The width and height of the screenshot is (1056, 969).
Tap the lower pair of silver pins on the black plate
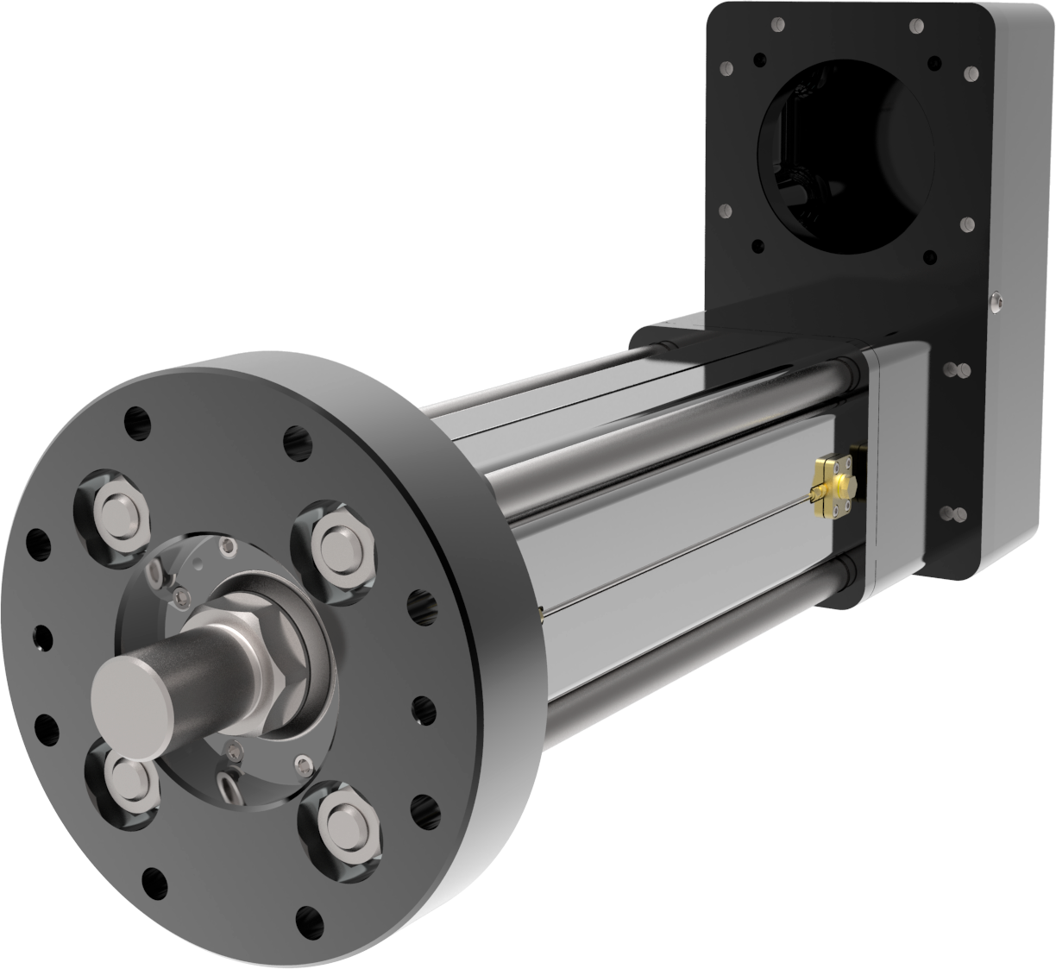(x=954, y=515)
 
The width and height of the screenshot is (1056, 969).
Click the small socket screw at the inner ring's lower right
(x=300, y=762)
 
